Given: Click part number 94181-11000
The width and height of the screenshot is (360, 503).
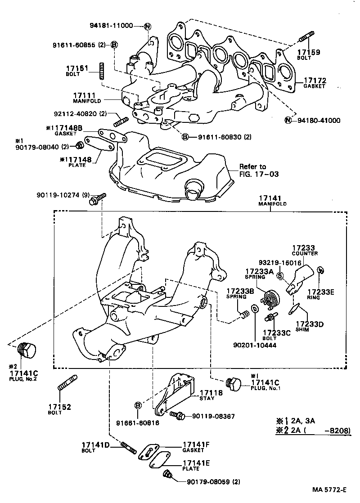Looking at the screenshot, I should [110, 26].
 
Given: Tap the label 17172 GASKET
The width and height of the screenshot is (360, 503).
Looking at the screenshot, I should [314, 83].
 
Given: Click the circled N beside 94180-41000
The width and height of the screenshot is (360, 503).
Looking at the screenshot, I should [288, 120].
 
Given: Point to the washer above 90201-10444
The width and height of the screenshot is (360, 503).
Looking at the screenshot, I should [255, 309].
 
